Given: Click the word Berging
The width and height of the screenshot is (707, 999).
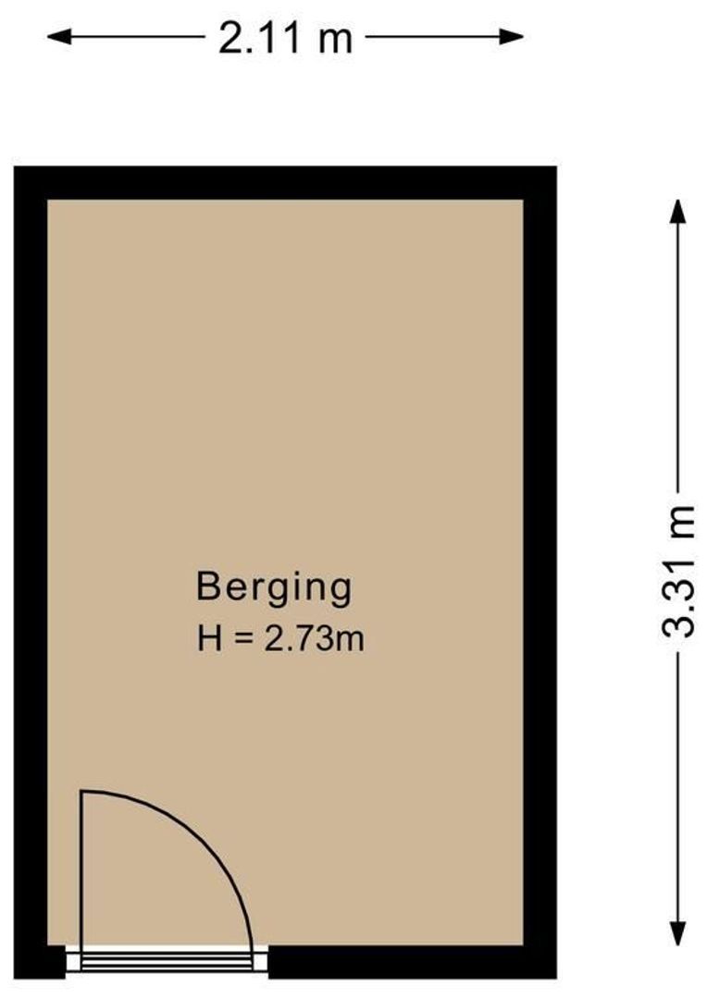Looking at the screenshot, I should (x=274, y=588).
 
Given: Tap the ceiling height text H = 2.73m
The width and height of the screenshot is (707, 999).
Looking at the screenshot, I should (x=280, y=638).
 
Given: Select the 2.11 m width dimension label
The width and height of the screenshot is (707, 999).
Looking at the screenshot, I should (x=285, y=38).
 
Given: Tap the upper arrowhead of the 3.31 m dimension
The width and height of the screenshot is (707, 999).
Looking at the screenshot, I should (x=678, y=209).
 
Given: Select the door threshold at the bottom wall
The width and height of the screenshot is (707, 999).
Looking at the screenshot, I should (x=167, y=962).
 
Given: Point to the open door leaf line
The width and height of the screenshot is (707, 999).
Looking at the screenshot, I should (x=81, y=869).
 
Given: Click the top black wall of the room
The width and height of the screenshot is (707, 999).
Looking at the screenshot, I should (x=285, y=182).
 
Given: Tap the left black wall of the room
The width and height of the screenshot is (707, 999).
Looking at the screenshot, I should (x=31, y=555).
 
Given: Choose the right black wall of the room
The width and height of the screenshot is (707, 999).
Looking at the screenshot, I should (x=540, y=555).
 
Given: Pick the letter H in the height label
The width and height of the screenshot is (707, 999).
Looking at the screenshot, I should (x=209, y=638).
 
